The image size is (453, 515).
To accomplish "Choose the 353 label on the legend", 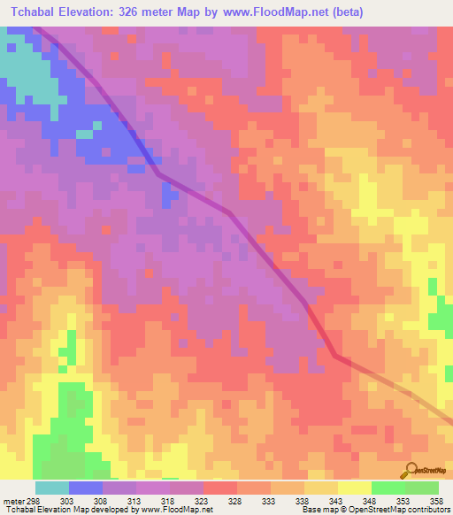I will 404,501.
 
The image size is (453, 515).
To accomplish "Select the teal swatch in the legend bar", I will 52,488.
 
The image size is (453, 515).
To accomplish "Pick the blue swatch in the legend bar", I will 86,488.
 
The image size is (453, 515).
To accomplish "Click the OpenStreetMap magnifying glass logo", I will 411,470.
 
